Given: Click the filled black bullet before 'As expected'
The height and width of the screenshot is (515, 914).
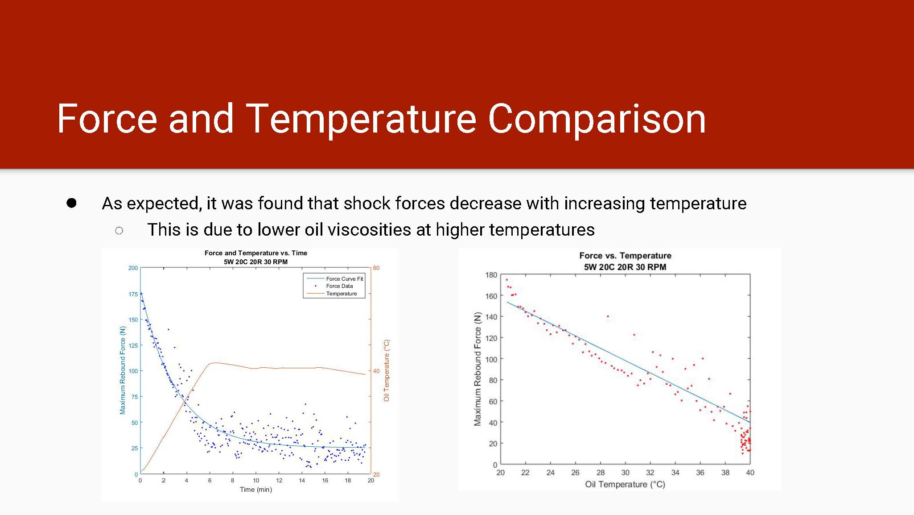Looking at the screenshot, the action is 71,203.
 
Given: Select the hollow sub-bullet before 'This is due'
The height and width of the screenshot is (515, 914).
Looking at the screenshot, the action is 119,230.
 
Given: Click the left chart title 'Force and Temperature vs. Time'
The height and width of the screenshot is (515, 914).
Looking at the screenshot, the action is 256,253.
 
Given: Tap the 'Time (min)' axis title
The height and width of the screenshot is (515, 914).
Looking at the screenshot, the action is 256,490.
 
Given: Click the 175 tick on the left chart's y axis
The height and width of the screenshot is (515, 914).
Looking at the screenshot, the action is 133,294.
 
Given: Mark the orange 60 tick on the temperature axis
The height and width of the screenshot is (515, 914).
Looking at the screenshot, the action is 376,268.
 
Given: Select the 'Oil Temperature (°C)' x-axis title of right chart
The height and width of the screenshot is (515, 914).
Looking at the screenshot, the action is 625,485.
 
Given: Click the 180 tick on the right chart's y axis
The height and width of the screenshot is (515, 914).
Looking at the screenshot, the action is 491,275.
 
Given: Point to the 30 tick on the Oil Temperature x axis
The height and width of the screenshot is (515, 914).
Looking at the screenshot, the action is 626,473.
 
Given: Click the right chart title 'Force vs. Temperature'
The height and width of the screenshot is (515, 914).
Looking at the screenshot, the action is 625,256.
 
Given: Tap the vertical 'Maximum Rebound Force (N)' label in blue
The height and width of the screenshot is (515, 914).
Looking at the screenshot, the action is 123,370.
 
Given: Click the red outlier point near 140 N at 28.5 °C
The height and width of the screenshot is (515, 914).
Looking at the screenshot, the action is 608,316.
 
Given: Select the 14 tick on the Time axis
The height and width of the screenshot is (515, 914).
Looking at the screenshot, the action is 302,481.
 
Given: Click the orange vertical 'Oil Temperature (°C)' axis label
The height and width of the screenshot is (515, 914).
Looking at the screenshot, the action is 387,370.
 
